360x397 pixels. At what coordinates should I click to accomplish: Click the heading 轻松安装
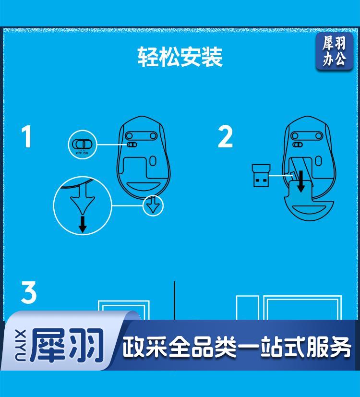coord(180,57)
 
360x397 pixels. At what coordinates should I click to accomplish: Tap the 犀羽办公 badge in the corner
coord(334,51)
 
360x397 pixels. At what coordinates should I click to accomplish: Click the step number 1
coord(26,136)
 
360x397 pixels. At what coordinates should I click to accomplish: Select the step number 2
coord(225,137)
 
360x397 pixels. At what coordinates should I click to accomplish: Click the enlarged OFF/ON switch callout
coord(82,144)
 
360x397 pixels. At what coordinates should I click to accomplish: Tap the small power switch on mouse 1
coord(132,144)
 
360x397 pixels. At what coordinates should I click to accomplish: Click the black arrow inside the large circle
coord(82,224)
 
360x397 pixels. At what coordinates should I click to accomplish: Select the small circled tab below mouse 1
coord(153,205)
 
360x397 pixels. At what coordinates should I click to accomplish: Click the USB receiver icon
coord(261,176)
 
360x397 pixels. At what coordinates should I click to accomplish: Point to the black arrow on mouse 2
coord(301,181)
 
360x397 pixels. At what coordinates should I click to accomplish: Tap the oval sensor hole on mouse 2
coord(318,161)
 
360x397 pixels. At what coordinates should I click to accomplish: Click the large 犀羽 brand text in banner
coord(67,345)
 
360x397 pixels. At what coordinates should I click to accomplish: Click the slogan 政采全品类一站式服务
coord(237,347)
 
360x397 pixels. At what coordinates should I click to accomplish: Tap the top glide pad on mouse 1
coord(141,136)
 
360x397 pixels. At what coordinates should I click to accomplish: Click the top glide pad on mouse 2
coord(307,136)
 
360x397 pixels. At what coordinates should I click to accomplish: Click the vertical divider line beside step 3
coord(174,301)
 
